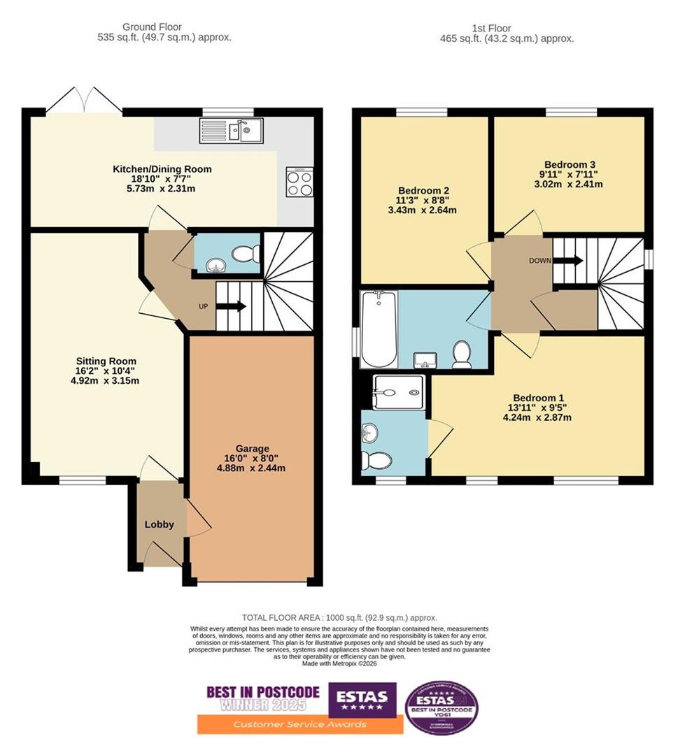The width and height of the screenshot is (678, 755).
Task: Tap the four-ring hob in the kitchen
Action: (x=299, y=182)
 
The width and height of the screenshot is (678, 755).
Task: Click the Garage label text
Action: (x=253, y=448)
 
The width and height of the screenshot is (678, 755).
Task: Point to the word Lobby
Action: (x=160, y=524)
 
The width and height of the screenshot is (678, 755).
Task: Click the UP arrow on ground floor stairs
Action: (x=231, y=306)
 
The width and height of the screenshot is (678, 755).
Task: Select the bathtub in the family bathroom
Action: (x=379, y=329)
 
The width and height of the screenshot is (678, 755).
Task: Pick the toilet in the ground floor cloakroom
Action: (x=245, y=253)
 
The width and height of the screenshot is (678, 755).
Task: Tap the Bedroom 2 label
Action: (x=423, y=191)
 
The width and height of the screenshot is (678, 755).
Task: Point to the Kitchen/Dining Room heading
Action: (x=162, y=169)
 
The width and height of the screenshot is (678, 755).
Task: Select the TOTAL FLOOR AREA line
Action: (x=339, y=617)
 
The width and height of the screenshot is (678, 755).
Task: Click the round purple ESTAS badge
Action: (x=442, y=707)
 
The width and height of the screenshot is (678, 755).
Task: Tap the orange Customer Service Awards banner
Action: (x=300, y=724)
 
